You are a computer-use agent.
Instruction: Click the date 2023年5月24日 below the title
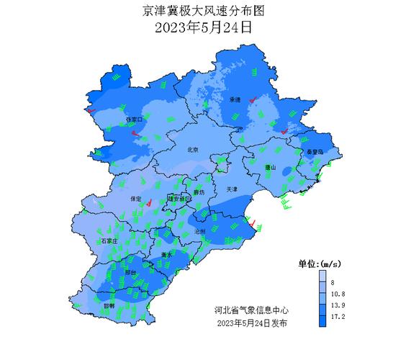[204, 29]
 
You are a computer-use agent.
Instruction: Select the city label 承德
[235, 99]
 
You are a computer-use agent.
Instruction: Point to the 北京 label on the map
[192, 150]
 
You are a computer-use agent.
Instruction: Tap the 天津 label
[231, 189]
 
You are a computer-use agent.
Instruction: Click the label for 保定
[136, 198]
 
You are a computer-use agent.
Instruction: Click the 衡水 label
[166, 255]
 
